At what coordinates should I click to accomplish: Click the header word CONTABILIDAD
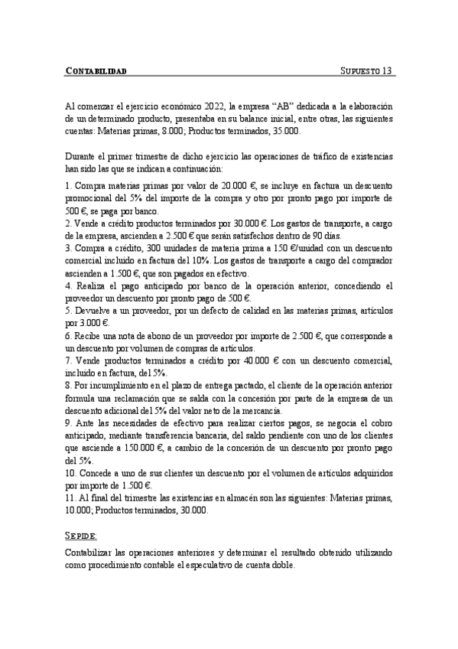pyautogui.click(x=96, y=71)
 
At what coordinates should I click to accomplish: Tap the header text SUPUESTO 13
pyautogui.click(x=365, y=71)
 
